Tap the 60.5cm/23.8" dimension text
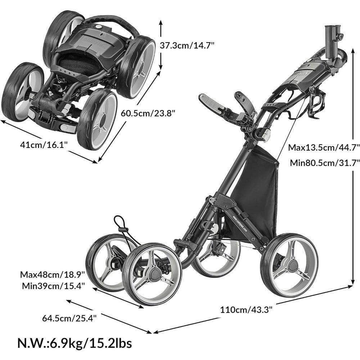pyautogui.click(x=148, y=113)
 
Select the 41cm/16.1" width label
pyautogui.click(x=44, y=145)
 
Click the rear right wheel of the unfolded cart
pyautogui.click(x=289, y=265)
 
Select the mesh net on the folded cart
pyautogui.click(x=78, y=63)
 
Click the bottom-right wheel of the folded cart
pyautogui.click(x=97, y=119)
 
